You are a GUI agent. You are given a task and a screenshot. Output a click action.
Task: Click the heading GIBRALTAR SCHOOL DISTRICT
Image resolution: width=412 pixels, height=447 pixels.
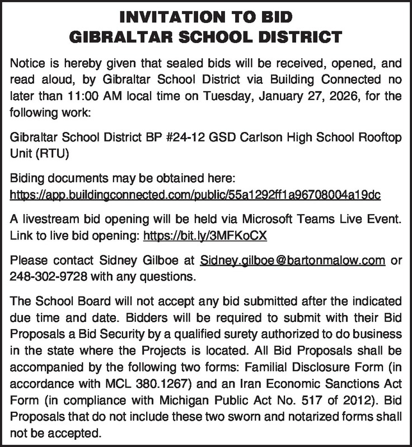click(205, 38)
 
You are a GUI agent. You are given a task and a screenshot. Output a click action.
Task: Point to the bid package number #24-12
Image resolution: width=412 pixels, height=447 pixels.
click(174, 138)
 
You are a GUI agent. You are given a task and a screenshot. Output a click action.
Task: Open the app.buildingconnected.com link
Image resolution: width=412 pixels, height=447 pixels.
click(195, 195)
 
